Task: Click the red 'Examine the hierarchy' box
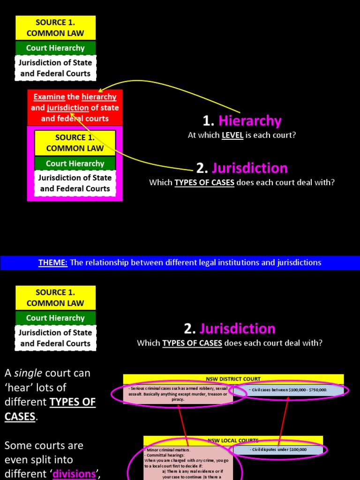tap(75, 107)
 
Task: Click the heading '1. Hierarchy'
tap(242, 121)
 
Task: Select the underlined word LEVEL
tap(232, 135)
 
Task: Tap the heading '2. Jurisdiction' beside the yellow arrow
tap(242, 168)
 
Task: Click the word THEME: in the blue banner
tap(53, 262)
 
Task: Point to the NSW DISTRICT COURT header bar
tap(233, 379)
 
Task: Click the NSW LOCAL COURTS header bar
tap(233, 441)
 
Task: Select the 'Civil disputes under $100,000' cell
tap(278, 450)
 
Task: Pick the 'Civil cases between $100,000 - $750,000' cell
tap(288, 390)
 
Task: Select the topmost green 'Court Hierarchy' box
tap(55, 48)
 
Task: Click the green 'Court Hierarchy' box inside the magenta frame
tap(75, 164)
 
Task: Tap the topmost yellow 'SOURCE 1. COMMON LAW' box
tap(55, 28)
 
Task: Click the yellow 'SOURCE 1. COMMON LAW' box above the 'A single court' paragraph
tap(55, 298)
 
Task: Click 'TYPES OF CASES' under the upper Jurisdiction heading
tap(204, 182)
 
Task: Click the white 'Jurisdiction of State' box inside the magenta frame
tap(75, 183)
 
